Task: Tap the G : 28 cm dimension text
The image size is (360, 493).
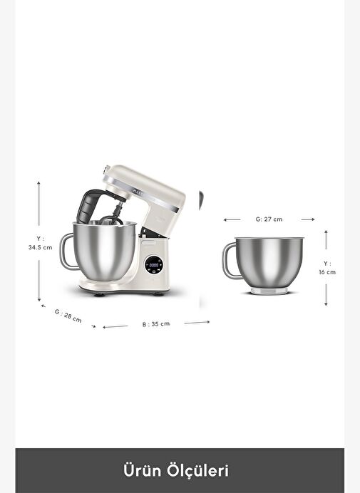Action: click(68, 316)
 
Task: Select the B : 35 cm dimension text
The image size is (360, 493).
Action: click(156, 324)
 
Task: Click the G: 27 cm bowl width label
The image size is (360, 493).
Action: click(269, 219)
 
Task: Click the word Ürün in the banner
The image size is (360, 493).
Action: click(142, 470)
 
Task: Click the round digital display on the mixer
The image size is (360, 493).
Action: click(154, 265)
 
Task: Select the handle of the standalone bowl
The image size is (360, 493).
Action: click(229, 261)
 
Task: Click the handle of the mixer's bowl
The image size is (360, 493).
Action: click(66, 251)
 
